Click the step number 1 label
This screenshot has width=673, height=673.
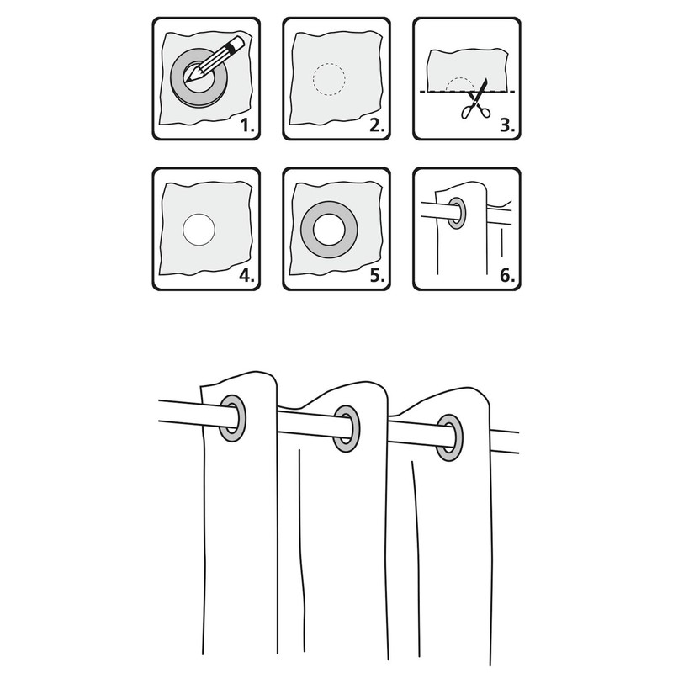[247, 125]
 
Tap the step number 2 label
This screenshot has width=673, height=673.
[377, 125]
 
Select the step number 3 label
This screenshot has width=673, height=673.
[507, 125]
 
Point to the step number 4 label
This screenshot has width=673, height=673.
[246, 276]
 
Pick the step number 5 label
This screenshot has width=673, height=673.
[377, 276]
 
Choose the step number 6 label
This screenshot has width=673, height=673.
[507, 276]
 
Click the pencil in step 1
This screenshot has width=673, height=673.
[215, 60]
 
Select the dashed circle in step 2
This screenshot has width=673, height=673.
[329, 64]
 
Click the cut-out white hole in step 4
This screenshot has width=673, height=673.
[199, 230]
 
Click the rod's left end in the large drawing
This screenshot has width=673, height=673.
[160, 411]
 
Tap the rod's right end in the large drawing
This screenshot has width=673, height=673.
[517, 442]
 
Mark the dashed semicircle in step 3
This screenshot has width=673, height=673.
[459, 78]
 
